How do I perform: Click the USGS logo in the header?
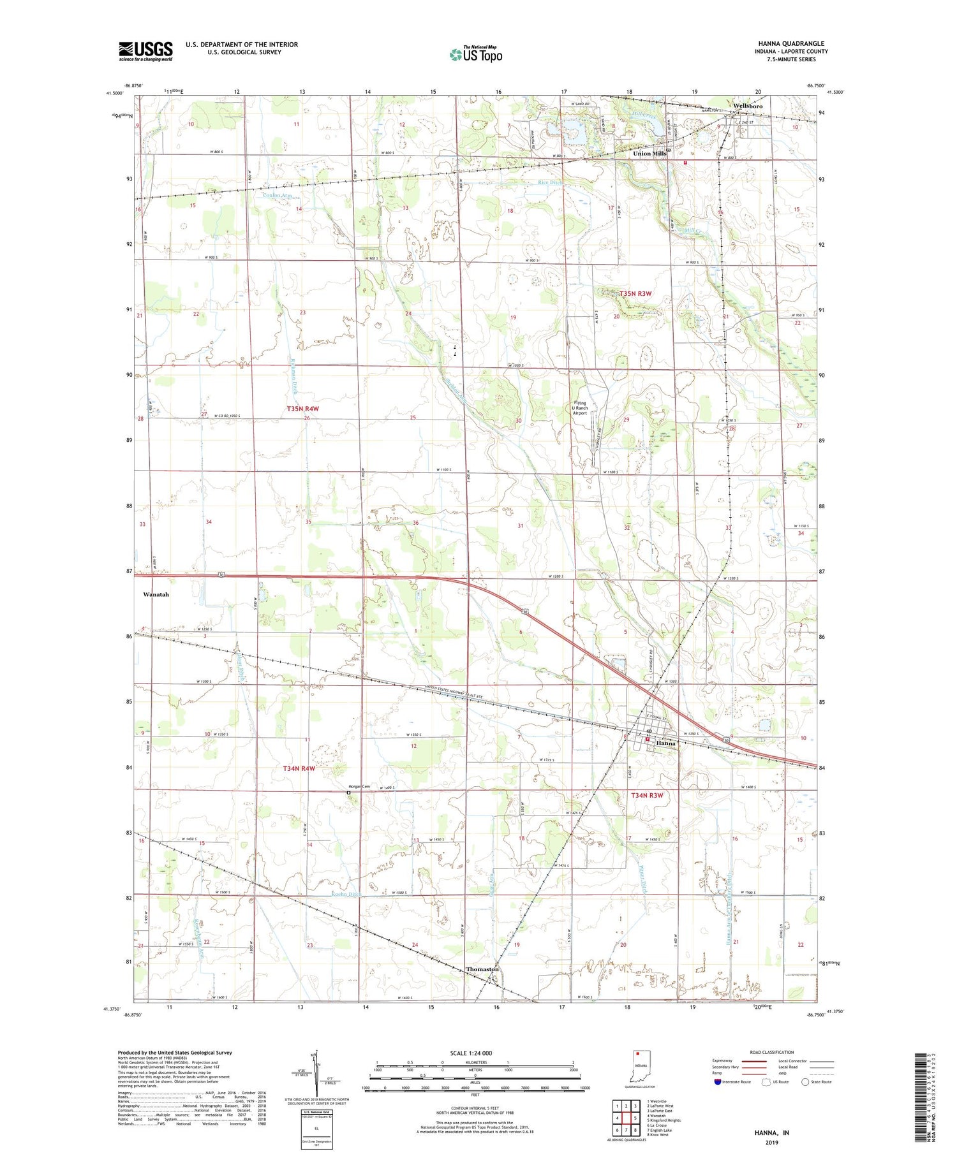tap(145, 51)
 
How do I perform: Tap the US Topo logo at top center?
tap(475, 54)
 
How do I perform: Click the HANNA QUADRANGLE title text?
tap(794, 43)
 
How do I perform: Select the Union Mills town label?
tap(649, 154)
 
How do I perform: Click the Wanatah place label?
tap(156, 594)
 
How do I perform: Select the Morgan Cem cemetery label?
tap(359, 787)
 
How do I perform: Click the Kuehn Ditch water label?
tap(346, 895)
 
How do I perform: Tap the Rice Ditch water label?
tap(550, 182)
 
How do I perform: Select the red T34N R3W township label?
tap(647, 795)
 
